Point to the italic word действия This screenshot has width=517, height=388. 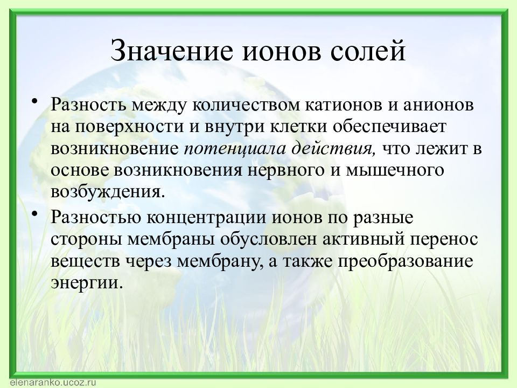(x=334, y=149)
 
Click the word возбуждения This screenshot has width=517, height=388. (x=108, y=192)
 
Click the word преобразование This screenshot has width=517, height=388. (x=406, y=262)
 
